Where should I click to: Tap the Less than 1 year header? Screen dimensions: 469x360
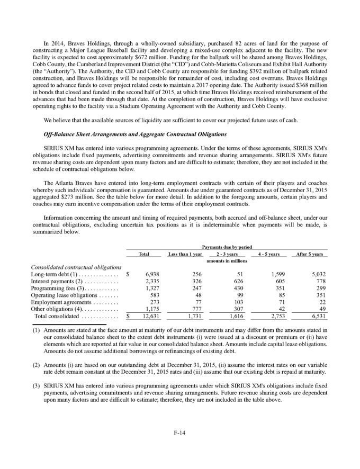click(x=185, y=254)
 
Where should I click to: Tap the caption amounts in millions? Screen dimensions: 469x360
click(x=226, y=261)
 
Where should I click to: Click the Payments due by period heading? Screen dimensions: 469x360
click(x=226, y=247)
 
